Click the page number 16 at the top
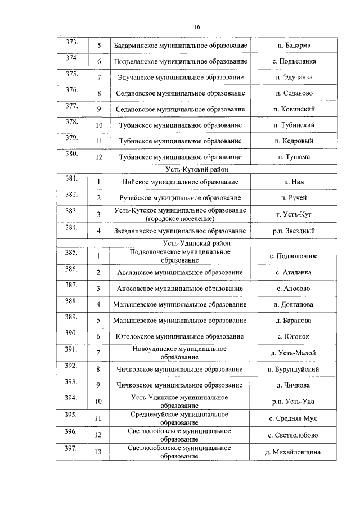(x=197, y=27)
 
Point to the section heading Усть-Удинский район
(x=197, y=243)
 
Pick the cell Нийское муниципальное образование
(x=180, y=182)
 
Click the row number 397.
(x=71, y=448)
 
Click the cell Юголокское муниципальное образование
(x=180, y=336)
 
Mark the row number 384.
(x=71, y=228)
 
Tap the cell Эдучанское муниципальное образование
(x=180, y=77)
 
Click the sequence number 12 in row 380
(x=99, y=157)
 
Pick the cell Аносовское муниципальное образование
(x=180, y=288)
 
